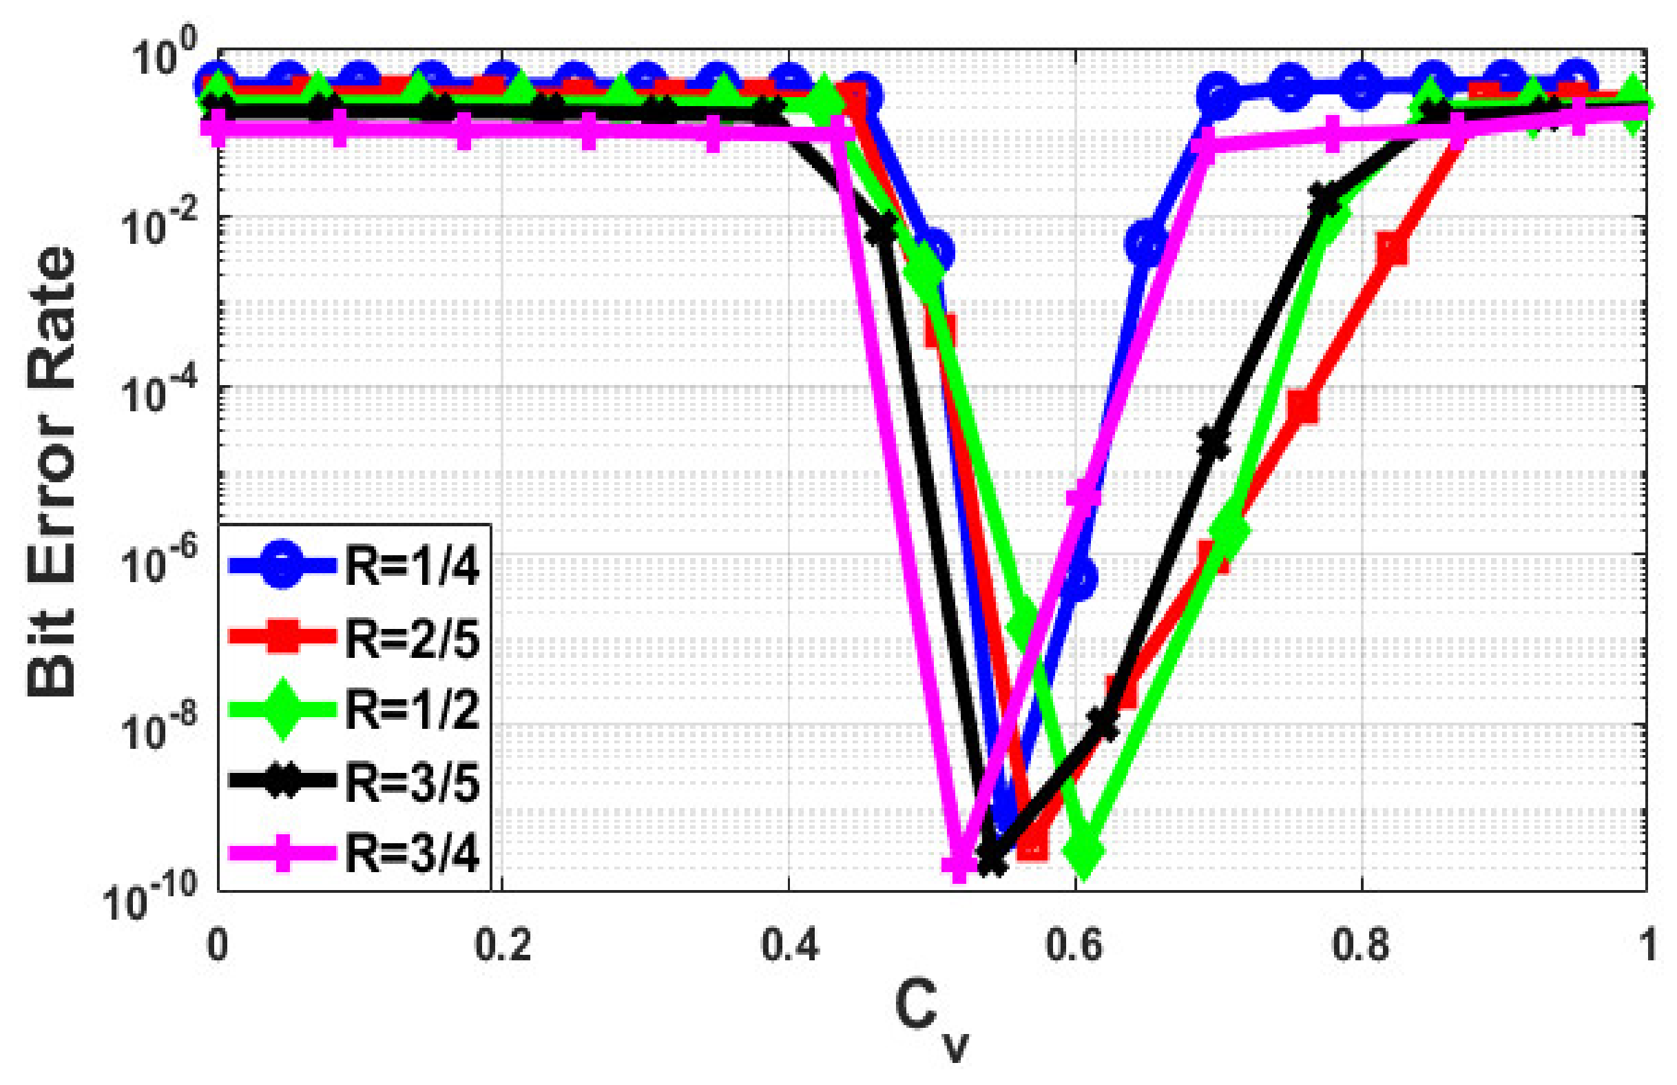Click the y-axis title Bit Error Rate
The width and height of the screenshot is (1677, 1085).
(51, 471)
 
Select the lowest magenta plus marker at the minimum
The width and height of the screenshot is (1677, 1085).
(959, 865)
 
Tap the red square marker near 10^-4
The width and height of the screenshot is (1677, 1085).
(1304, 406)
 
